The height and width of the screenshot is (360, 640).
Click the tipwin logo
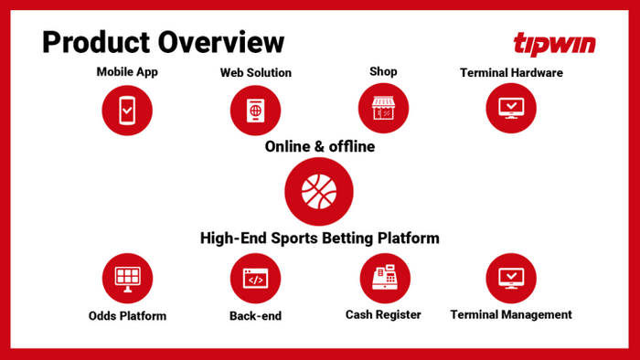[x=553, y=43]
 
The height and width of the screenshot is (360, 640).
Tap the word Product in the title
[x=96, y=41]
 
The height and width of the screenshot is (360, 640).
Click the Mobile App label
[x=127, y=71]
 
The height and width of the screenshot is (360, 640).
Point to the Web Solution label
[x=256, y=72]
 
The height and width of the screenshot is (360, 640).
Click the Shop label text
[x=383, y=71]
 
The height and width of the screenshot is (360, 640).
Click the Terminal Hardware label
[x=511, y=72]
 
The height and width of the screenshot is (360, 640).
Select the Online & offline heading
[x=319, y=146]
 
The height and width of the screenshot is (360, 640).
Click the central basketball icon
[x=319, y=191]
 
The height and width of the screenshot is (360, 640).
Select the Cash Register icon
[x=383, y=278]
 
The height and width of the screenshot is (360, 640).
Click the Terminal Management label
[x=511, y=315]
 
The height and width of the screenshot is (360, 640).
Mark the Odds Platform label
[x=127, y=316]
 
